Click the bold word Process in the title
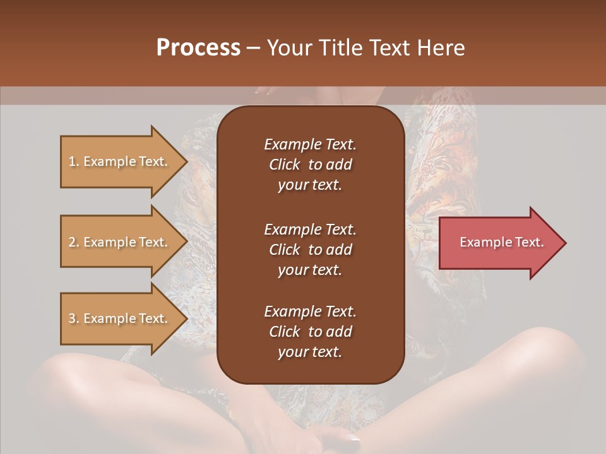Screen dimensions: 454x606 coord(198,48)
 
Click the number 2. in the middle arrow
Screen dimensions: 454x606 coord(73,242)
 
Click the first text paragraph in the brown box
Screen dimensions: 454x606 coord(310,165)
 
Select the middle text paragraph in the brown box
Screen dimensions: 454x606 coord(310,250)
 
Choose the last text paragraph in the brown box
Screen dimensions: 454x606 coord(310,332)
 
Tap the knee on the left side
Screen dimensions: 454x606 coord(69,378)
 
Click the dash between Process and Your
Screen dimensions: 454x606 coord(253,49)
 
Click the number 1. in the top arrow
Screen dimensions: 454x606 coord(73,161)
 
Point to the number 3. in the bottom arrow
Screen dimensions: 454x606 coord(73,318)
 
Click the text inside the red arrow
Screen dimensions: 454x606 coord(501,242)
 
